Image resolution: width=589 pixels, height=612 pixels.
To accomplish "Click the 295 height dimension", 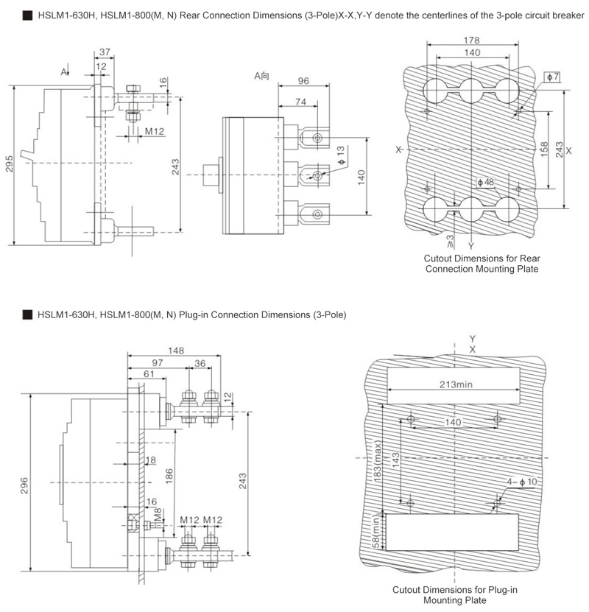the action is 10,163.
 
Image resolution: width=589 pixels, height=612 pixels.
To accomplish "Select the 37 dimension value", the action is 105,52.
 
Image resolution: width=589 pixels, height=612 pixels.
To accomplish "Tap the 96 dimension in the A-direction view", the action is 303,80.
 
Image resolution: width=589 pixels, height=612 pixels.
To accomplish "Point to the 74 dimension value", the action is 300,102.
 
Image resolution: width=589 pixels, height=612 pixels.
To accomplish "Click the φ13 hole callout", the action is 341,155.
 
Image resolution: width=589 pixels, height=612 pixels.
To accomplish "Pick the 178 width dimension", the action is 472,41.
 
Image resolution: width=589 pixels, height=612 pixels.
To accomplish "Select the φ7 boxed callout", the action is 552,77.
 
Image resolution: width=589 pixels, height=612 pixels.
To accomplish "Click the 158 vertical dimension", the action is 544,149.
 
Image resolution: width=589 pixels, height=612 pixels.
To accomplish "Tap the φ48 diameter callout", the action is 486,182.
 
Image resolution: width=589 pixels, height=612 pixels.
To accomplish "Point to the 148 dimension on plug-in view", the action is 176,351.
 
